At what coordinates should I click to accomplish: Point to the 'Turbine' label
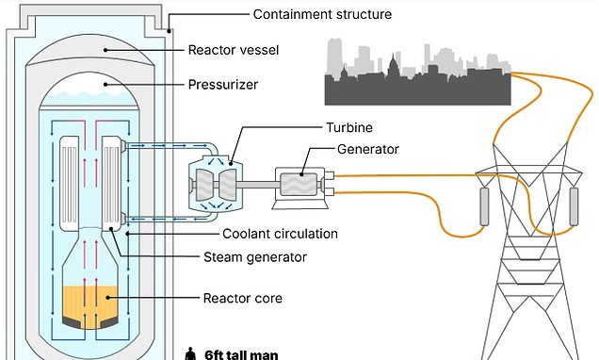coord(298,125)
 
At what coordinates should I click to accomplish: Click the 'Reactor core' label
coord(243,299)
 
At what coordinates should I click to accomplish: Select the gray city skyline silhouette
coord(417,75)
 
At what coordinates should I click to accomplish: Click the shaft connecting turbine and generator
coord(258,180)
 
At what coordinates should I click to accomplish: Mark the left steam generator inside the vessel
coord(70,184)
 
